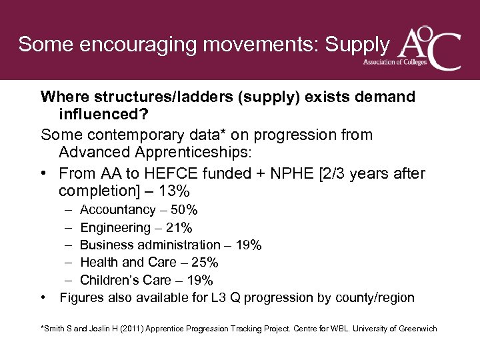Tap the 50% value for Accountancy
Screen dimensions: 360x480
coord(183,211)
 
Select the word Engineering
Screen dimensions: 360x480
coord(115,228)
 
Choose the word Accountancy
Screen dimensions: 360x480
coord(117,211)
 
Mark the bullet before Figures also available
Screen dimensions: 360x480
coord(44,297)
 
